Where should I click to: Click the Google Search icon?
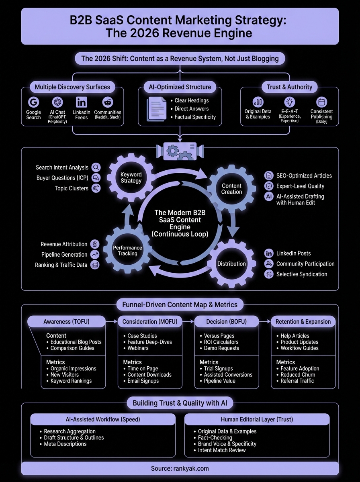33,102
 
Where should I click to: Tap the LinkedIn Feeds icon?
81,102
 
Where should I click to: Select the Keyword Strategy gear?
131,178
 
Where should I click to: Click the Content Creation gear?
232,188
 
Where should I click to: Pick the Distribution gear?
231,264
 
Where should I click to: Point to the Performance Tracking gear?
128,250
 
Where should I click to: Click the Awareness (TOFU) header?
66,321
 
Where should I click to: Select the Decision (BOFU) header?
226,321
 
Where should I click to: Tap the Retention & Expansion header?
303,321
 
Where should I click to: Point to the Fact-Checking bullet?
215,437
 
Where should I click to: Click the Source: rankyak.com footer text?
180,468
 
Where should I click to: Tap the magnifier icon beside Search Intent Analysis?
96,167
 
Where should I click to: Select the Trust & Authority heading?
289,87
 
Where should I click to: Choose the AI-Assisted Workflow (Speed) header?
103,419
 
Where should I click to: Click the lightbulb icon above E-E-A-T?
289,102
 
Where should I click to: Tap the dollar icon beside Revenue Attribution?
95,244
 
